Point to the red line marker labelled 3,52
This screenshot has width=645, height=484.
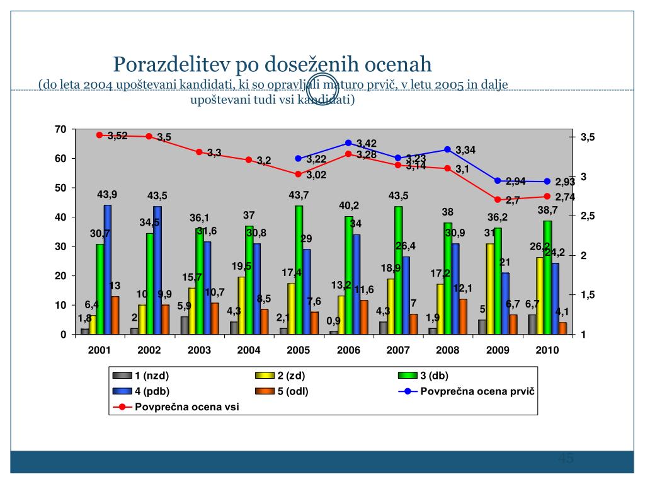pos(100,135)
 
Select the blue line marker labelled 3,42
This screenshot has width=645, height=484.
pos(348,143)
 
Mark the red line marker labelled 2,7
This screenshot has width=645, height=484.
pos(498,200)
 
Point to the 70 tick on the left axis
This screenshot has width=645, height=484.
pos(61,129)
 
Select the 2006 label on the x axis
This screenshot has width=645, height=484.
pos(348,350)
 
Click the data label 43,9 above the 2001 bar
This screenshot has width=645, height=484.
pos(108,194)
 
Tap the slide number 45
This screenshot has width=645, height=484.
pos(565,458)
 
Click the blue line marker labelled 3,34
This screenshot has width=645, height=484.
pos(448,149)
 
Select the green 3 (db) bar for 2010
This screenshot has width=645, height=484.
pos(547,277)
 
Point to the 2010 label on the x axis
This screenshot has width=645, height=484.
pos(547,350)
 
